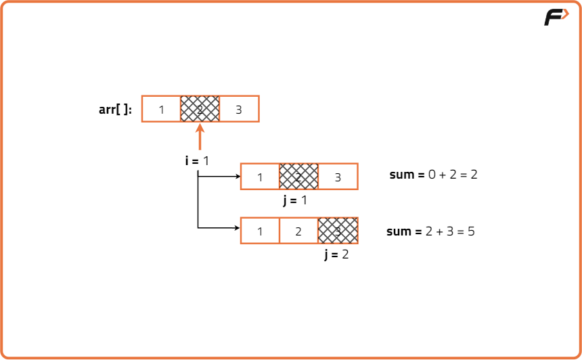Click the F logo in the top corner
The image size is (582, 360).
[556, 18]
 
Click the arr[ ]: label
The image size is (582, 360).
[116, 109]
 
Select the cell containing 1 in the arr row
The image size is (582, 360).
[161, 109]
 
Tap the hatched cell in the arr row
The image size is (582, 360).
[200, 109]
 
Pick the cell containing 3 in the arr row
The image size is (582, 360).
[239, 109]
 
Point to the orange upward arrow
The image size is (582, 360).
[200, 136]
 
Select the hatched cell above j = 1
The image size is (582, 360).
[298, 177]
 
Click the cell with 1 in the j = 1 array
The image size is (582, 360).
[260, 177]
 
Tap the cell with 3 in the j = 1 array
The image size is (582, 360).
[338, 177]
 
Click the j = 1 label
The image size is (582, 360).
[295, 200]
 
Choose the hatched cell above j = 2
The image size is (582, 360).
[338, 231]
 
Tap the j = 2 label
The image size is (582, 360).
[336, 254]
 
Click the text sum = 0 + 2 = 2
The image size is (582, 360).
[433, 175]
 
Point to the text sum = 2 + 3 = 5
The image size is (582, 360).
[430, 231]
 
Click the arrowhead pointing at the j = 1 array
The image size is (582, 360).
[238, 177]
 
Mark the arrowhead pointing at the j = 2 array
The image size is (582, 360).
[238, 228]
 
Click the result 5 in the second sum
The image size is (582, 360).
[470, 231]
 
